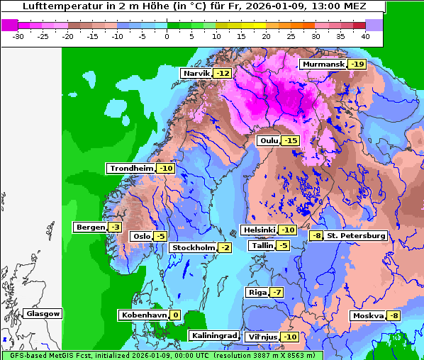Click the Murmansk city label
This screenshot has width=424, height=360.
(x=323, y=64)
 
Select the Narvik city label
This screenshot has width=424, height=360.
(x=196, y=73)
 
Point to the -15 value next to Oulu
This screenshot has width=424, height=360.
(x=291, y=141)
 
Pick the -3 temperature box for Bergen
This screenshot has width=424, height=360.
(x=116, y=227)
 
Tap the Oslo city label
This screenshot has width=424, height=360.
(x=142, y=236)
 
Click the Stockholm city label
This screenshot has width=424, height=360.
(x=192, y=247)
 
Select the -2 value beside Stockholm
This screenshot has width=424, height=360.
(x=225, y=247)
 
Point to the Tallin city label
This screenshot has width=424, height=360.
(x=261, y=245)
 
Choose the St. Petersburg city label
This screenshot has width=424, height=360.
(x=356, y=235)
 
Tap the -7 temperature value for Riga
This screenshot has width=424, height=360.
(x=277, y=292)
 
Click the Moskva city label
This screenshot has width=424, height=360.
(x=367, y=315)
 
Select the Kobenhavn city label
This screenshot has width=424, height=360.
(x=143, y=315)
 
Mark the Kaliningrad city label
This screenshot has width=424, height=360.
(x=213, y=335)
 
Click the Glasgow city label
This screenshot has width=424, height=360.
(x=43, y=313)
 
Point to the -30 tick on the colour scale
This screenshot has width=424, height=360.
(x=19, y=35)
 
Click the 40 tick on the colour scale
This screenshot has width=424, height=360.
(x=365, y=35)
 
